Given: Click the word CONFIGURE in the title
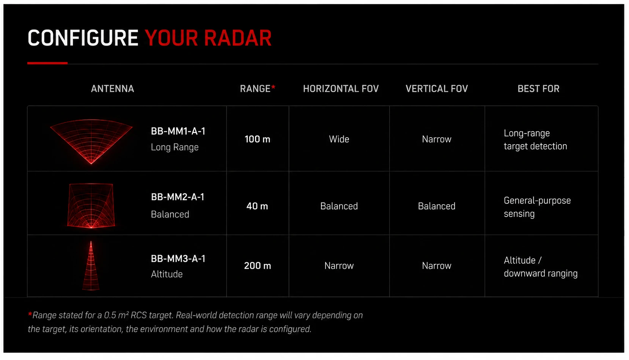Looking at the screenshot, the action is pyautogui.click(x=83, y=38).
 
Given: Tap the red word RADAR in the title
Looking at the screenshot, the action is pyautogui.click(x=238, y=38).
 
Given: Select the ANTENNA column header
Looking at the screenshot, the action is pyautogui.click(x=112, y=89).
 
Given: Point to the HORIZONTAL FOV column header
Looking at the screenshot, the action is pyautogui.click(x=341, y=89).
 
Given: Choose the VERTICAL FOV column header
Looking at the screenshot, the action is pyautogui.click(x=437, y=89).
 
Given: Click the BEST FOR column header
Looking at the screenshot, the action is pyautogui.click(x=539, y=89).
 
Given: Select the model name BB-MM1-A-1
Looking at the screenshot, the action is pyautogui.click(x=178, y=131).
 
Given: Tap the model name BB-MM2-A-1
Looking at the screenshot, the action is pyautogui.click(x=178, y=197).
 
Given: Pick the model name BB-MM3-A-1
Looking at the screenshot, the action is pyautogui.click(x=178, y=259).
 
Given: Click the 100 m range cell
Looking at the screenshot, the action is pyautogui.click(x=257, y=139).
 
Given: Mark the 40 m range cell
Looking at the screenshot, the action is pyautogui.click(x=257, y=206).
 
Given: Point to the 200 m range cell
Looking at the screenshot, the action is pyautogui.click(x=258, y=266).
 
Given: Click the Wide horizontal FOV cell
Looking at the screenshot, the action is pyautogui.click(x=339, y=139).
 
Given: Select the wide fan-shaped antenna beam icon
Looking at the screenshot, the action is pyautogui.click(x=91, y=140).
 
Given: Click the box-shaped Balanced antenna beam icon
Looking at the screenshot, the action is pyautogui.click(x=91, y=206).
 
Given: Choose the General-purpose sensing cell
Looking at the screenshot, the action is pyautogui.click(x=537, y=207).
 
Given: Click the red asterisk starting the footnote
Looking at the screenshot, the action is pyautogui.click(x=30, y=314).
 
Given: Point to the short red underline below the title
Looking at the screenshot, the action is pyautogui.click(x=47, y=63).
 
